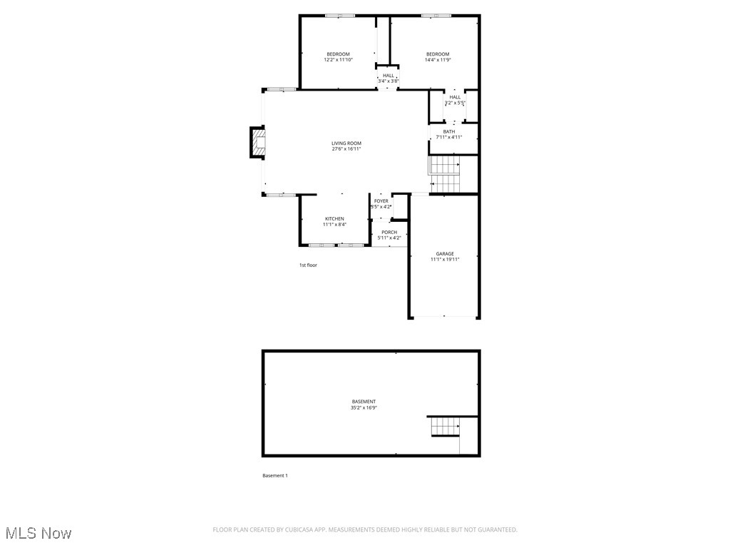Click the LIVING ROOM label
(346, 143)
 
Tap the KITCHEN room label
(334, 218)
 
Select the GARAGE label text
(445, 253)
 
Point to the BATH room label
(449, 131)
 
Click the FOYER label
(381, 201)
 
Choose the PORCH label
(389, 232)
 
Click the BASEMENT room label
(364, 402)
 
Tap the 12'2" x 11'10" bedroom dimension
(339, 60)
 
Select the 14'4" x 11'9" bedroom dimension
(438, 60)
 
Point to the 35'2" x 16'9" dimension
(364, 408)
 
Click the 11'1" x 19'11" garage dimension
(445, 260)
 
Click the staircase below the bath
(444, 175)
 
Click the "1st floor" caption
(308, 265)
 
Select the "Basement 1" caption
(275, 476)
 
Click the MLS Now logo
(38, 533)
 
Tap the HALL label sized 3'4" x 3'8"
(388, 76)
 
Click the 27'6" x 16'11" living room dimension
(346, 149)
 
